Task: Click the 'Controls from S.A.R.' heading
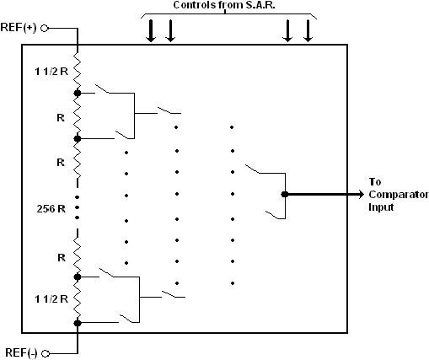(224, 5)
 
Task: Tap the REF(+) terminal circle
(45, 29)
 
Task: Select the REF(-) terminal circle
(46, 353)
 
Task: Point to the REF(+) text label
(19, 28)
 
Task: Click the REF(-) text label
(21, 353)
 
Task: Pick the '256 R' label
(51, 209)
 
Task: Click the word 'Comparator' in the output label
(399, 195)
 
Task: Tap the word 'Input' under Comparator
(381, 207)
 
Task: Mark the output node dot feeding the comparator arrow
(285, 194)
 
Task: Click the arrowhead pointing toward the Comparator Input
(362, 194)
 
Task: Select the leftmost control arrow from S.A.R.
(151, 31)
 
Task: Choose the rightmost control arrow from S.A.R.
(308, 31)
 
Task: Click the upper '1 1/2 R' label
(51, 72)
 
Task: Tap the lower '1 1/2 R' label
(51, 299)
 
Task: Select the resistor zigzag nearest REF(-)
(78, 300)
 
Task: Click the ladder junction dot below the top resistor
(78, 93)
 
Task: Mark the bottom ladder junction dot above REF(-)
(78, 323)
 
